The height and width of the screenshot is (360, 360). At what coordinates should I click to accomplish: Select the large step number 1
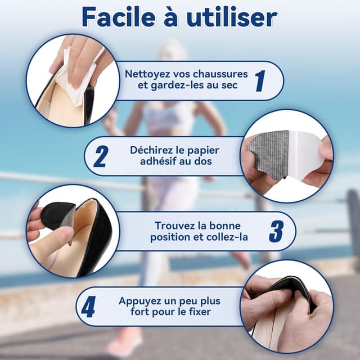[259, 81]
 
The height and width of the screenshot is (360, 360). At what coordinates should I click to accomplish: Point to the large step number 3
[276, 231]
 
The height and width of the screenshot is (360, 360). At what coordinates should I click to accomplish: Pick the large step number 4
[88, 307]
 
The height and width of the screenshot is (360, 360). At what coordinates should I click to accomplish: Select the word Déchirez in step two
[151, 150]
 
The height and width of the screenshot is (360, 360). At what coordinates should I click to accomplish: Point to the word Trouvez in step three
[173, 226]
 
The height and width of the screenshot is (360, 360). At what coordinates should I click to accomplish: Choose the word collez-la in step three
[228, 237]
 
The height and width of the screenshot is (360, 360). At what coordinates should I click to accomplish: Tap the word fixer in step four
[205, 312]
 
